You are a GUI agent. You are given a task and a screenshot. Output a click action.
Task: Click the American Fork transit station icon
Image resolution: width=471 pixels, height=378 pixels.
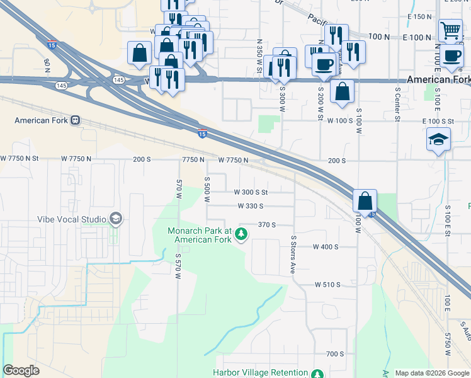coord(75,120)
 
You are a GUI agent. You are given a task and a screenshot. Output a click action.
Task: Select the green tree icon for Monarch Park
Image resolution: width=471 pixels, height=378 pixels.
coord(241,235)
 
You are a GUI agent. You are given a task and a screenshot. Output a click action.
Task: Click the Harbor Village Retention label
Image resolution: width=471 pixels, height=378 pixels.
coord(261,373)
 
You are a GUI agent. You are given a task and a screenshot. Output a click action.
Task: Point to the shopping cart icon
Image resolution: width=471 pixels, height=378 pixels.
coord(450,30)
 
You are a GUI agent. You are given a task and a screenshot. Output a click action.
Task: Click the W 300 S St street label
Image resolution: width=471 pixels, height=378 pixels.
coord(251,192)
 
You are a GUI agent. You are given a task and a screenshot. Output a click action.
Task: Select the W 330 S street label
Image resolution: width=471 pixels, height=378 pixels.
coord(251,206)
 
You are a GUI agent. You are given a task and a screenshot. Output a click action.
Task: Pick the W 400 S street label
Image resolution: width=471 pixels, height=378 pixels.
coord(326,247)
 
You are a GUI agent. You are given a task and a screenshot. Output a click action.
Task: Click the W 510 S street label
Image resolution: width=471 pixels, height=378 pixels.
coord(327,285)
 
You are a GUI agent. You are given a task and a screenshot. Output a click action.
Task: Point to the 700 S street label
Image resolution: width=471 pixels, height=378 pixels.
coord(335,354)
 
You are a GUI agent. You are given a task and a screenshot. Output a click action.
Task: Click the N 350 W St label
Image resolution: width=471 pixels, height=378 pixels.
coord(259,55)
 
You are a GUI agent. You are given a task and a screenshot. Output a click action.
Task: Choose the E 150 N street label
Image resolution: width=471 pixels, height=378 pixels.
coord(419,16)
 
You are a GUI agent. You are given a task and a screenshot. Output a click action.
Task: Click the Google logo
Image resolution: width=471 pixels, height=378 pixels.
coord(21,370)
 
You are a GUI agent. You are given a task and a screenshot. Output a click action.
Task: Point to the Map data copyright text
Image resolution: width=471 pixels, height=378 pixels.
coord(432,373)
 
